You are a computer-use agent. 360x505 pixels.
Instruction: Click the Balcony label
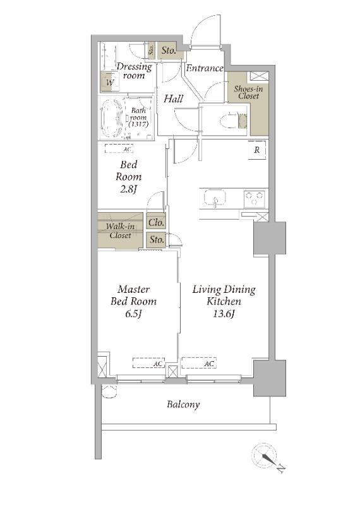(x=183, y=405)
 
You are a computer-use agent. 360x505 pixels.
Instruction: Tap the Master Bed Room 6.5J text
(x=133, y=301)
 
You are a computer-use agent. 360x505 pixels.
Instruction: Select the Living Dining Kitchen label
(x=224, y=301)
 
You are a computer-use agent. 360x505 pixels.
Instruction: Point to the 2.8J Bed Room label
(x=129, y=177)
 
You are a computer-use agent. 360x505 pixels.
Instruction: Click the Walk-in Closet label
(x=120, y=230)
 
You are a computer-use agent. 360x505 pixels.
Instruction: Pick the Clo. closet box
(x=156, y=222)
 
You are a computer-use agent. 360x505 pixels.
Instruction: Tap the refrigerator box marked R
(x=257, y=150)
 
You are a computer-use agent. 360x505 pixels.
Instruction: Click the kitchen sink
(x=215, y=198)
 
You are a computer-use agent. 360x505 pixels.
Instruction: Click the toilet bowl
(x=228, y=121)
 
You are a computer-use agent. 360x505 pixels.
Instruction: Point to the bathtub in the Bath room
(x=111, y=118)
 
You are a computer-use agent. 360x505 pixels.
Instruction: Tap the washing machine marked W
(x=110, y=82)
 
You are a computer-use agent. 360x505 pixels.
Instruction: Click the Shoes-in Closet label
(x=248, y=92)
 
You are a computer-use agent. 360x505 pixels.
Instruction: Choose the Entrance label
(x=205, y=68)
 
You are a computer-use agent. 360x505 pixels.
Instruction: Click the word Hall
(x=174, y=98)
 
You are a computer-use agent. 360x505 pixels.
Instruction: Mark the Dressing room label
(x=134, y=71)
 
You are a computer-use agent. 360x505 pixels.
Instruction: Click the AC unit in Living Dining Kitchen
(x=199, y=363)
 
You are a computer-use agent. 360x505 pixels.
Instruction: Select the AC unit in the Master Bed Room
(x=148, y=363)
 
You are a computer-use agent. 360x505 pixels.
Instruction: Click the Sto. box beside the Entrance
(x=168, y=50)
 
